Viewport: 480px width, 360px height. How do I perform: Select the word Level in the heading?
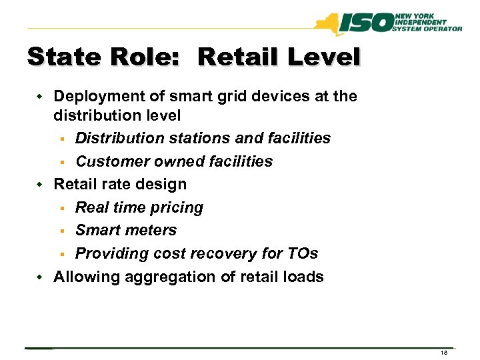323,57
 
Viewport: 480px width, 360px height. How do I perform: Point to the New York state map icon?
329,24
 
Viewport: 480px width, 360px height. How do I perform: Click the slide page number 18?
443,353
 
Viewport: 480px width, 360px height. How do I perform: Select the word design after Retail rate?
163,184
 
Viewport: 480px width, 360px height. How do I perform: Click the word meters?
154,230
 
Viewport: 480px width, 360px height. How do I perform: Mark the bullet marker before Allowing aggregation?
39,277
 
